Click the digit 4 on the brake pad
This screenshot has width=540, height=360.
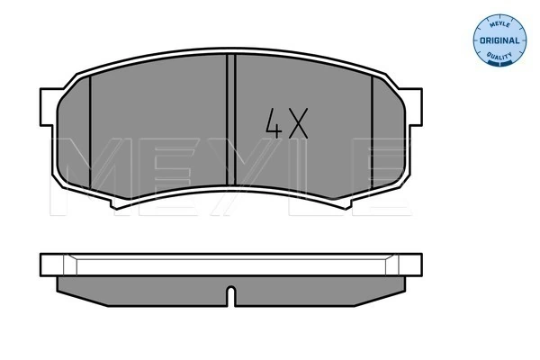point(273,122)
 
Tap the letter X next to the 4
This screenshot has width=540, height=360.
point(299,122)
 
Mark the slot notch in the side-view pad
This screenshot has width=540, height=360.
point(231,295)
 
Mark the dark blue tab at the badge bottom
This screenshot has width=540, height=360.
point(506,61)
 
